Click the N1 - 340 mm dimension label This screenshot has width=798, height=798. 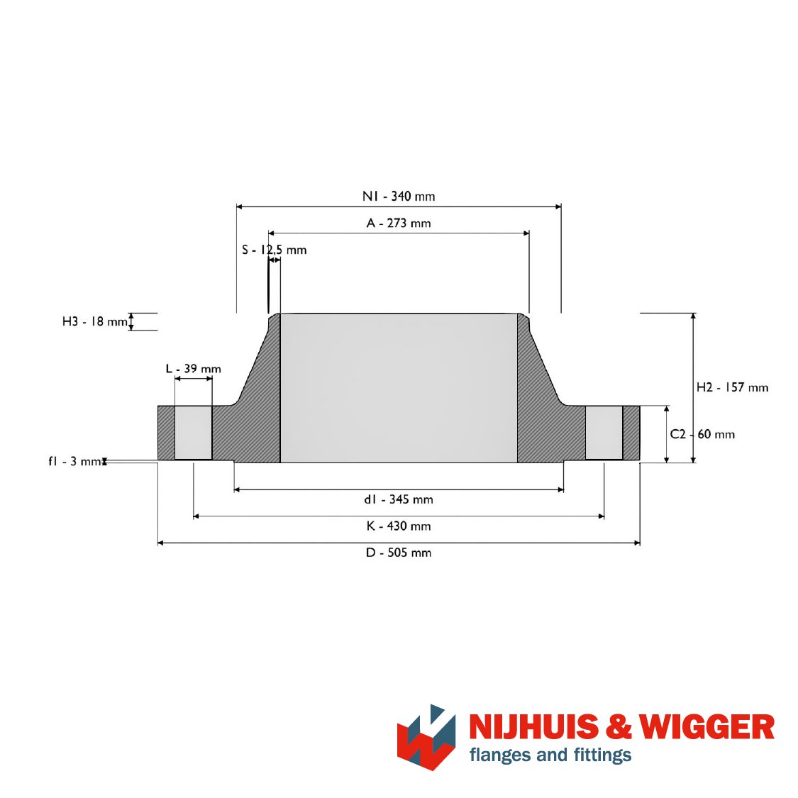click(x=399, y=196)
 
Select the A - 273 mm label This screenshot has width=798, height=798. click(x=399, y=223)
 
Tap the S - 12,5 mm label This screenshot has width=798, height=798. click(x=274, y=250)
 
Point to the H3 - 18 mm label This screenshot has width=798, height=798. click(x=94, y=321)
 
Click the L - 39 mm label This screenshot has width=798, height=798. click(x=194, y=368)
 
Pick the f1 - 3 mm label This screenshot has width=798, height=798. click(x=74, y=461)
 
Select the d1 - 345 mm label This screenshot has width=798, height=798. click(x=399, y=499)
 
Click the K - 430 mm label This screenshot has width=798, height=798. click(x=399, y=526)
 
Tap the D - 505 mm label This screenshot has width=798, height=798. click(x=399, y=553)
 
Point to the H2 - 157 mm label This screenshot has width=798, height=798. click(x=732, y=387)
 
